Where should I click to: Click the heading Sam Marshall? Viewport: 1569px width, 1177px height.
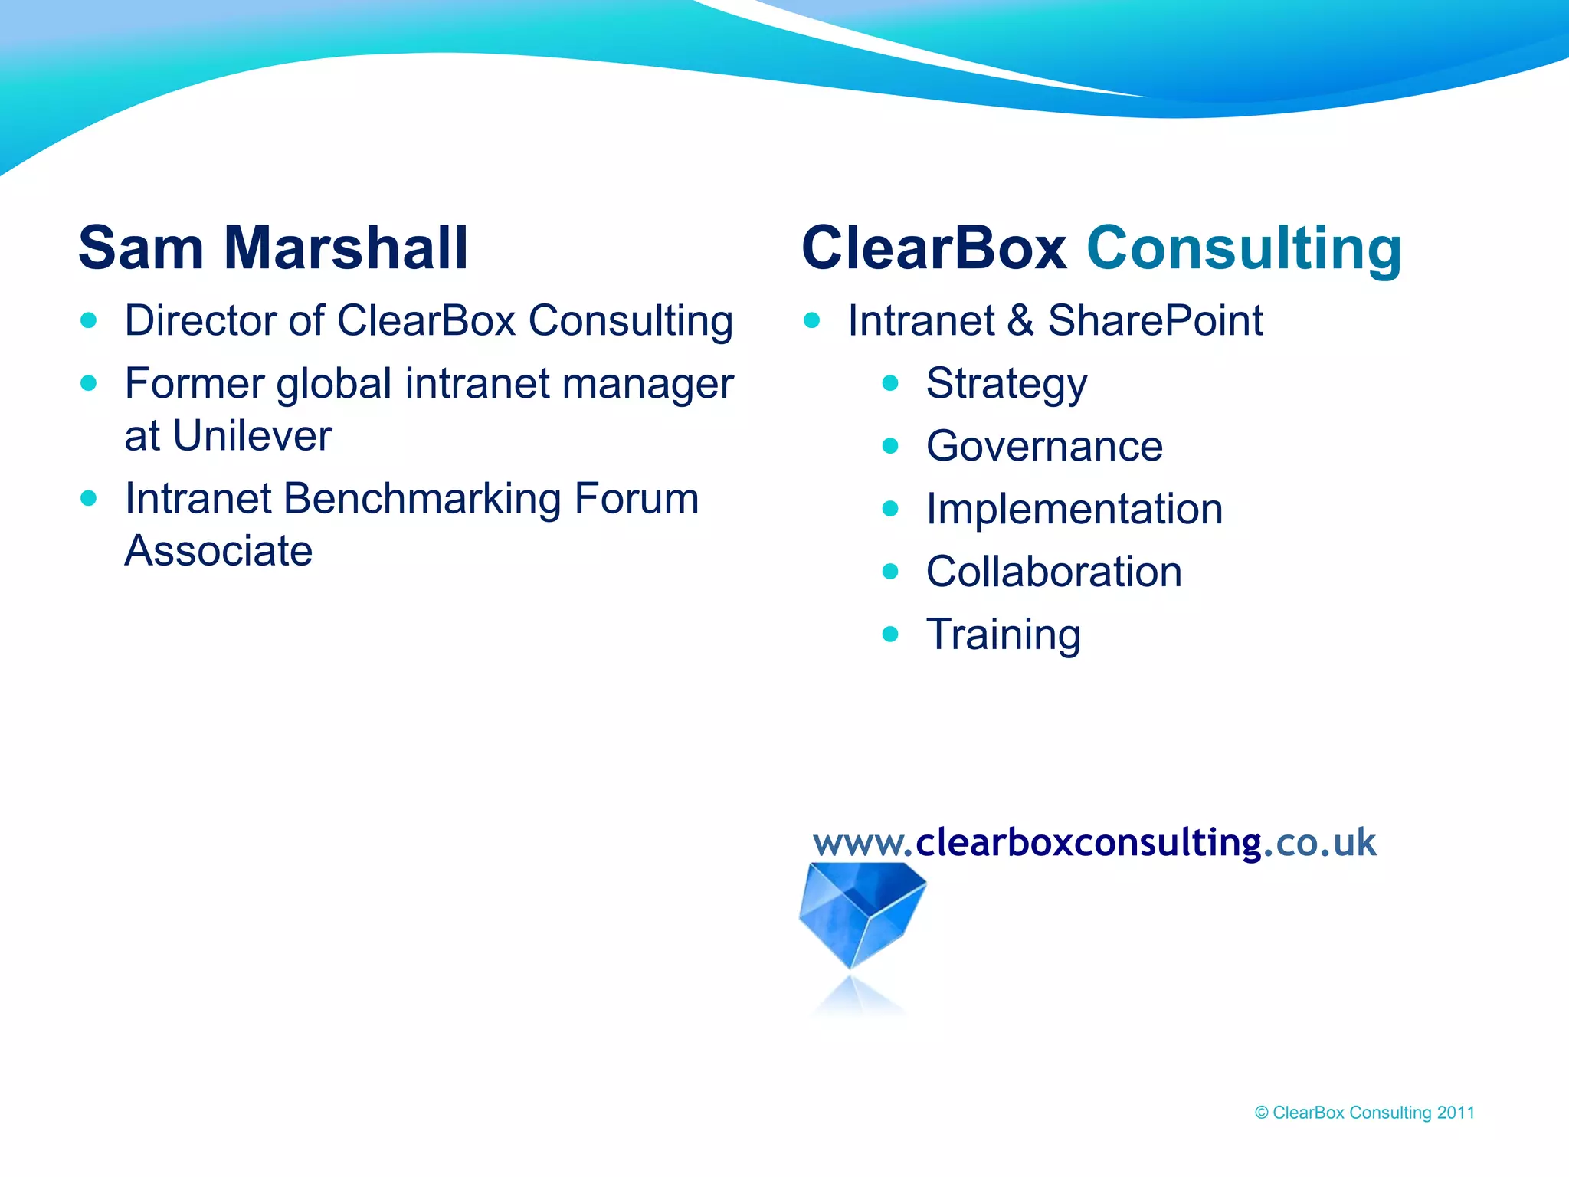click(273, 248)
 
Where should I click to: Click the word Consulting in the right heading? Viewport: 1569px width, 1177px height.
click(1244, 248)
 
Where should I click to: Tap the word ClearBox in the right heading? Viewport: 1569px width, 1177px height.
click(934, 248)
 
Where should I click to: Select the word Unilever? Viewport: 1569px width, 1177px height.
click(252, 435)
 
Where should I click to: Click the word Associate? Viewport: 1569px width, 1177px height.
click(218, 551)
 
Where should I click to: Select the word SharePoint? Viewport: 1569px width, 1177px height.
click(1155, 320)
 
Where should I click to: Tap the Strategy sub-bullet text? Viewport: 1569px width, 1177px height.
click(1006, 383)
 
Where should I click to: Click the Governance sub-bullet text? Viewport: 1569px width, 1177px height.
click(1044, 446)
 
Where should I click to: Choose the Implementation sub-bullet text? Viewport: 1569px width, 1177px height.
click(1074, 509)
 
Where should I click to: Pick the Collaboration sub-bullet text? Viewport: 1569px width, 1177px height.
click(1053, 572)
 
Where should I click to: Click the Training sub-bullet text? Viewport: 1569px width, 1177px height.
click(1003, 634)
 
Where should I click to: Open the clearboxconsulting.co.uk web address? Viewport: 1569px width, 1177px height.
click(1094, 842)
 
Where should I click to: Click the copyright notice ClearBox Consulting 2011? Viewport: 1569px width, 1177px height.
click(1364, 1113)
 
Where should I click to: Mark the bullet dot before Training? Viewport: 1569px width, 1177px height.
click(889, 634)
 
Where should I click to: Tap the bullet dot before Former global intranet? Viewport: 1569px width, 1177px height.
click(89, 382)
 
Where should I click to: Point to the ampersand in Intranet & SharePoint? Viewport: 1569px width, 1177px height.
click(1021, 320)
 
